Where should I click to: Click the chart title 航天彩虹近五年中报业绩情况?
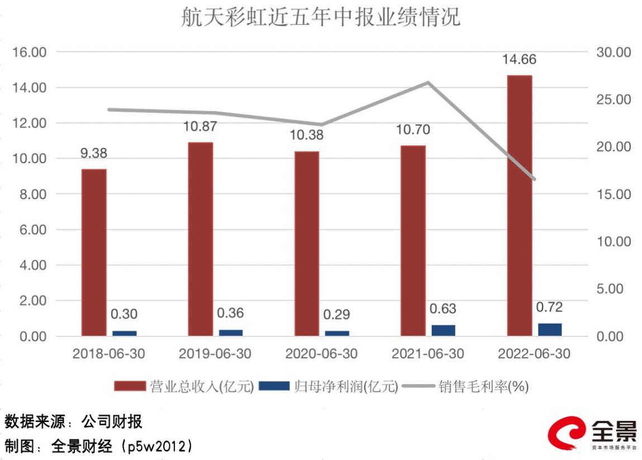click(x=321, y=17)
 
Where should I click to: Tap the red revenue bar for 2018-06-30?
click(x=94, y=252)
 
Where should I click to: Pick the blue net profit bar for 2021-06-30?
click(x=443, y=330)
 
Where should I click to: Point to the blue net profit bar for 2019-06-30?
click(x=231, y=333)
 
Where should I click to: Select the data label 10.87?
click(x=200, y=127)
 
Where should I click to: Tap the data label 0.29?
click(x=337, y=315)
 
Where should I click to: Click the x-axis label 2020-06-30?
click(x=321, y=354)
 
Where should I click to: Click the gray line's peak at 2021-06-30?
click(x=428, y=83)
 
